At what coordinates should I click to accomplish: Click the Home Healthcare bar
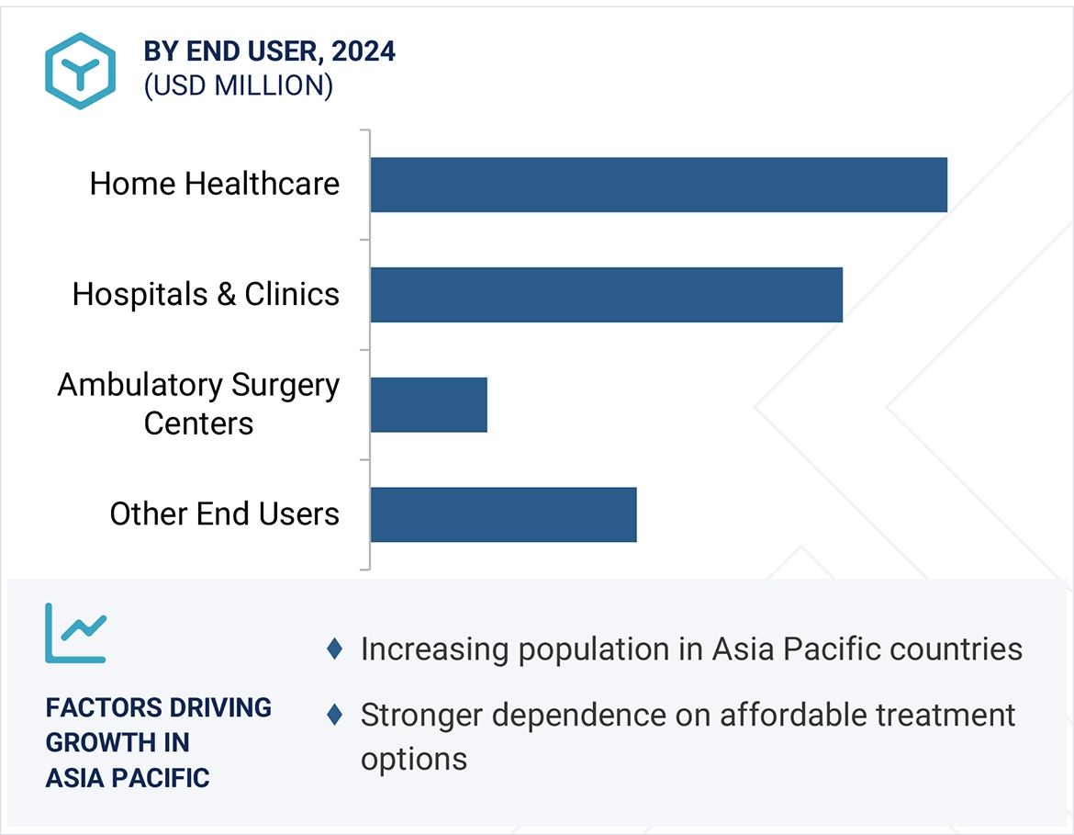pyautogui.click(x=658, y=185)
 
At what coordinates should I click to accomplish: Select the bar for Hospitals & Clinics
pyautogui.click(x=606, y=295)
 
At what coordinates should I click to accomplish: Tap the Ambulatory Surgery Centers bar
pyautogui.click(x=429, y=404)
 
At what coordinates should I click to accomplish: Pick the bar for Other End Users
pyautogui.click(x=503, y=514)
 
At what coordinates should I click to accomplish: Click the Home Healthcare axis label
pyautogui.click(x=215, y=184)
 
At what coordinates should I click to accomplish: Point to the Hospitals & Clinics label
pyautogui.click(x=206, y=294)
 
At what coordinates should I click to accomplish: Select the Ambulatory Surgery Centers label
pyautogui.click(x=198, y=404)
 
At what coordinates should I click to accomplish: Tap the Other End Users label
pyautogui.click(x=224, y=513)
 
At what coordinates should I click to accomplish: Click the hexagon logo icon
pyautogui.click(x=81, y=71)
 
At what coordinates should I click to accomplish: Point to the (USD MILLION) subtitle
pyautogui.click(x=238, y=85)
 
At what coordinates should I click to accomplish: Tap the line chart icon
pyautogui.click(x=76, y=633)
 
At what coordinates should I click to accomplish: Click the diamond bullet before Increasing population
pyautogui.click(x=335, y=649)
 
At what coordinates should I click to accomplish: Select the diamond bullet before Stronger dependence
pyautogui.click(x=335, y=714)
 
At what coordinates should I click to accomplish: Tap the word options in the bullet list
pyautogui.click(x=414, y=760)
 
